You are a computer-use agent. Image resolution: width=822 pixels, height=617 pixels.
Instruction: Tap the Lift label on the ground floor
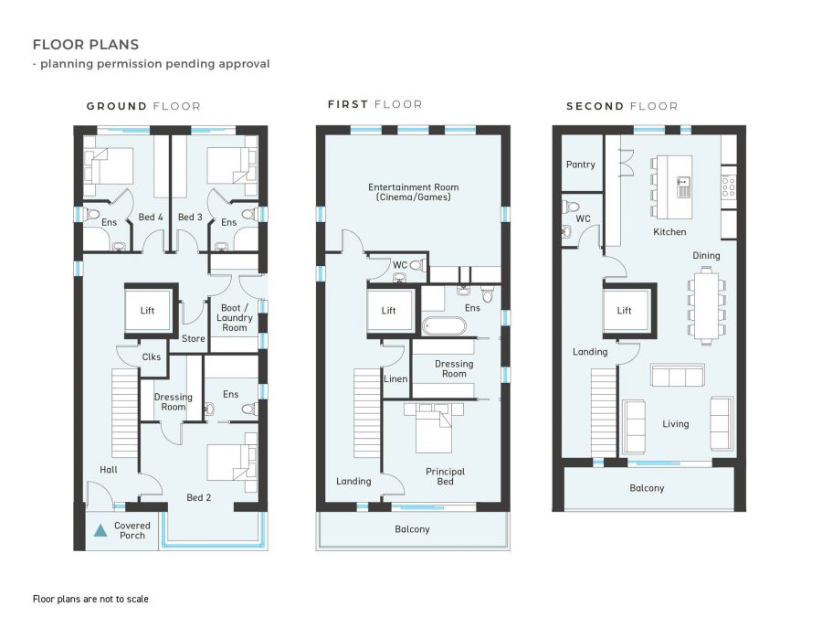(x=147, y=311)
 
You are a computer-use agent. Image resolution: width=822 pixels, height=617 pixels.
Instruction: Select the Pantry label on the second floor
(x=580, y=165)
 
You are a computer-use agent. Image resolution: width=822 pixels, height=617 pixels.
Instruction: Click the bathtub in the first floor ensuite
(x=444, y=325)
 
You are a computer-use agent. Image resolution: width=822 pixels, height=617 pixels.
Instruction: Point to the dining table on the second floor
(x=706, y=305)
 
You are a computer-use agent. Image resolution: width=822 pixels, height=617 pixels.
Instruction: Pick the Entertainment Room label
(x=413, y=192)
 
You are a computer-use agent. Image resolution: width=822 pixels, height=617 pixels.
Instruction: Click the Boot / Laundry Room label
(x=235, y=317)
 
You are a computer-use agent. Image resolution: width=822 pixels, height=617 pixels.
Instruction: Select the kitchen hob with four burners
(x=728, y=186)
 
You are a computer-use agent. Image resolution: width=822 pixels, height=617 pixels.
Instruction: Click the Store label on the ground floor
(x=194, y=339)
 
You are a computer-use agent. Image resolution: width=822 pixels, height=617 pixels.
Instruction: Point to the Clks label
(x=152, y=356)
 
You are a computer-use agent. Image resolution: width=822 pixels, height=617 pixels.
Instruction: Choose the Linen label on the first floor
(x=395, y=378)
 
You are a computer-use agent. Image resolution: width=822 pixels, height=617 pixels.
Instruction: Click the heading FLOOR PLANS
(x=86, y=45)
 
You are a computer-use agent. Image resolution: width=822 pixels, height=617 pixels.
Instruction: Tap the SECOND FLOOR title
(x=622, y=107)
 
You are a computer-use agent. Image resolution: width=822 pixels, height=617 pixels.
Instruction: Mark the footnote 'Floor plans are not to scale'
(x=90, y=599)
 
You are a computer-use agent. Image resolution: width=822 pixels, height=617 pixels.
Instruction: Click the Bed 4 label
(x=151, y=218)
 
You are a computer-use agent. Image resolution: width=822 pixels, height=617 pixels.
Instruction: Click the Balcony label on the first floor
(x=412, y=529)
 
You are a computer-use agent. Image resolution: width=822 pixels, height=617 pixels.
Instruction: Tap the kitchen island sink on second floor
(x=683, y=186)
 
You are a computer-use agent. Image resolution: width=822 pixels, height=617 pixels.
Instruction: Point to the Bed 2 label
(x=199, y=498)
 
